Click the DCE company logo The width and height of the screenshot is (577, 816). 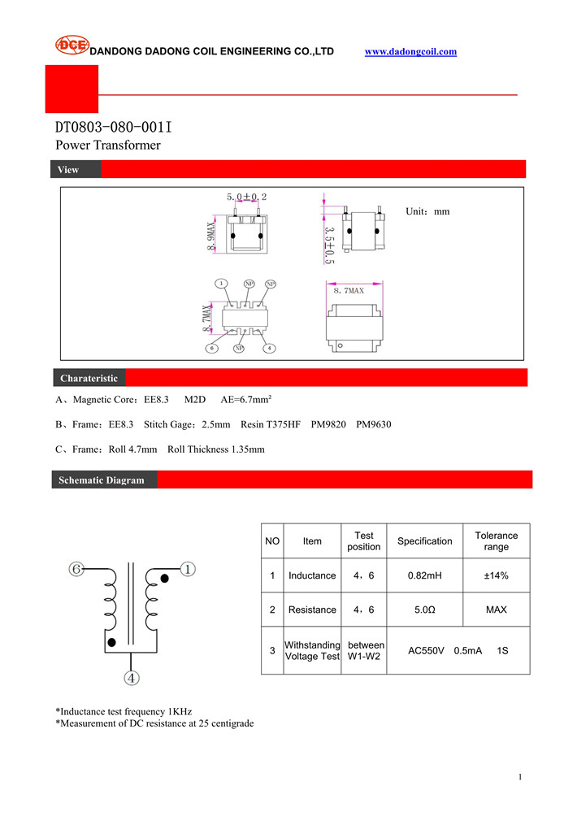tap(72, 46)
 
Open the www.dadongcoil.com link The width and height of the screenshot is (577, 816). tap(410, 52)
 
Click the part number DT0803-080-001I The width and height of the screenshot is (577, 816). tap(113, 128)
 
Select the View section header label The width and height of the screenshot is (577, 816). tap(68, 170)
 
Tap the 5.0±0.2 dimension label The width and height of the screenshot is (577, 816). tap(246, 197)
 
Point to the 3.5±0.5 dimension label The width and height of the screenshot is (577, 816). tap(329, 245)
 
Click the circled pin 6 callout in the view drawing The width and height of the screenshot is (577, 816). tap(211, 349)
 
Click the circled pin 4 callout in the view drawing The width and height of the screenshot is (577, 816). tap(270, 349)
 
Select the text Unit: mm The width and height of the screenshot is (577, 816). tap(427, 211)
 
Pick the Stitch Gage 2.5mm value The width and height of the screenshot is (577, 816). tap(187, 424)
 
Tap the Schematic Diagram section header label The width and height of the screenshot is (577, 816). tap(101, 480)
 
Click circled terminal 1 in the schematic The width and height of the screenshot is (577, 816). tap(187, 570)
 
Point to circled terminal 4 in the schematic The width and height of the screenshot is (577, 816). tap(131, 677)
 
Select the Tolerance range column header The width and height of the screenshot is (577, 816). tap(496, 540)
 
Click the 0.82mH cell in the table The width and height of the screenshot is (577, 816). tap(424, 575)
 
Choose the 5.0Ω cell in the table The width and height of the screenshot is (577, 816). tap(424, 610)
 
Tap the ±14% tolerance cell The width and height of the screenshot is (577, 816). tap(496, 575)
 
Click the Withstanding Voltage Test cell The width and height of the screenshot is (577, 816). tap(312, 651)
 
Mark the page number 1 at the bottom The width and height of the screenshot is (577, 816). tap(519, 778)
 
